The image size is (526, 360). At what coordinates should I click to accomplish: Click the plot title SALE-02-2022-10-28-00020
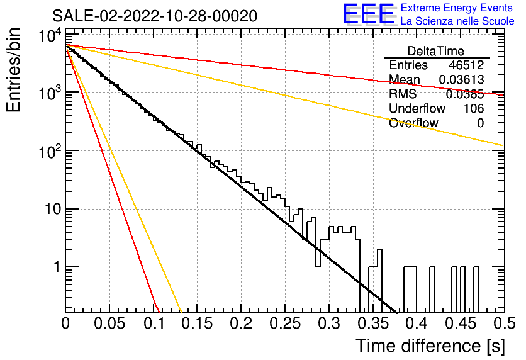point(155,16)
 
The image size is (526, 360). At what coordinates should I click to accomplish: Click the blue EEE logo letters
point(368,14)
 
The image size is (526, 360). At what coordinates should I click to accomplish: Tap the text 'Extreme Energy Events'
point(457,8)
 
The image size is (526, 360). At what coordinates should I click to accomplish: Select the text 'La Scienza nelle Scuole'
point(457,21)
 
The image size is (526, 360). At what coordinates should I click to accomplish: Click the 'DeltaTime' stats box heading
point(435,51)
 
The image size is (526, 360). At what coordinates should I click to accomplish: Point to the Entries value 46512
point(466,65)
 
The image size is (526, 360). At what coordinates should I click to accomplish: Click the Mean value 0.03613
point(461,79)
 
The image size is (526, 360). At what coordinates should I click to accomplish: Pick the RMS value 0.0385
point(464,94)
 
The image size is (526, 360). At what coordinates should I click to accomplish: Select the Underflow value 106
point(474,108)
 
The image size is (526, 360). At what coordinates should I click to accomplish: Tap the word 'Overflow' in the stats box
point(413,123)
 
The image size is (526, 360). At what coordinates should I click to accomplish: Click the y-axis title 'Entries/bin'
point(13,70)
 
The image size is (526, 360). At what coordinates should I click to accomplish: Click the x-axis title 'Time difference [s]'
point(430,346)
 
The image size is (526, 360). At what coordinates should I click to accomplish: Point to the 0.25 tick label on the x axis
point(285,323)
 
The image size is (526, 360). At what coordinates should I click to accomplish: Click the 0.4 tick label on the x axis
point(417,323)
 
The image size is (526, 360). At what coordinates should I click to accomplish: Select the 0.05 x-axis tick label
point(109,323)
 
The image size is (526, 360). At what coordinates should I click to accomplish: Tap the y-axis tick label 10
point(53,209)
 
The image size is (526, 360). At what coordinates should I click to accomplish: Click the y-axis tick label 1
point(57,267)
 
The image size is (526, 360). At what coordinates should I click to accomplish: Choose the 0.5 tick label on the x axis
point(504,323)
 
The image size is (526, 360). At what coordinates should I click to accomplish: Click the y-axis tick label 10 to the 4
point(50,35)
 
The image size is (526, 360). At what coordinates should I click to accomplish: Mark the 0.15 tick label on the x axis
point(198,323)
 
